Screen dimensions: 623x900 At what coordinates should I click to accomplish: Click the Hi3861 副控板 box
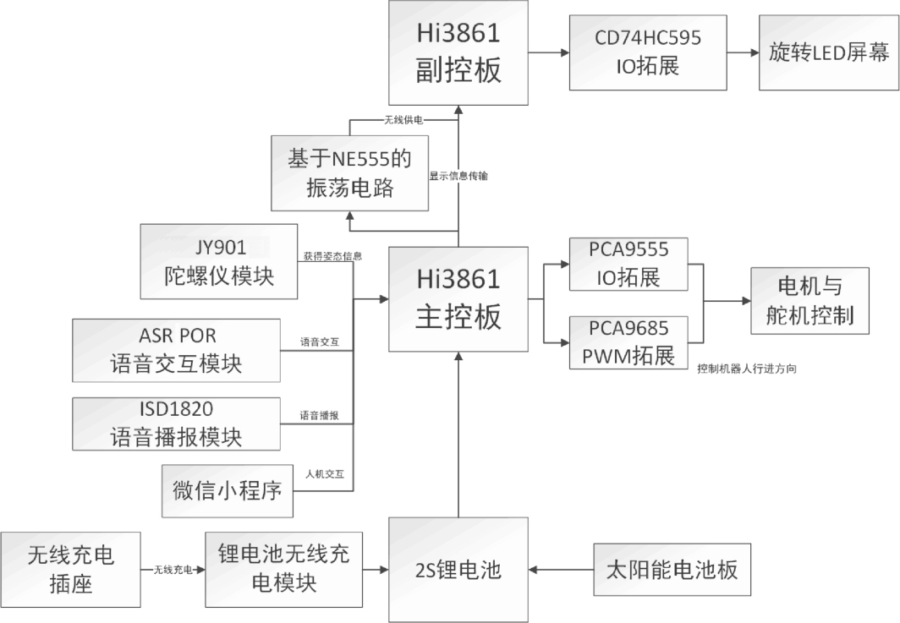tap(458, 53)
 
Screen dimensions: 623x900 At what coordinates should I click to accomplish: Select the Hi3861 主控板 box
tap(458, 298)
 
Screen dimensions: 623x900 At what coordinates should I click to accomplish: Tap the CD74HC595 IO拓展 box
tap(648, 52)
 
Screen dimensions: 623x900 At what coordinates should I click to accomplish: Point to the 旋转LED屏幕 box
tap(829, 52)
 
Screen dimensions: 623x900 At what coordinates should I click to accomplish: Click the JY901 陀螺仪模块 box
tap(220, 261)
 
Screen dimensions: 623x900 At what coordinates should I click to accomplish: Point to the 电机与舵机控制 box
tap(809, 300)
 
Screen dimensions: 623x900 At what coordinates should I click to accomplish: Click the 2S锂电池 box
tap(458, 570)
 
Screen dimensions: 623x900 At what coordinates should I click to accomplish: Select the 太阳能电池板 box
tap(671, 569)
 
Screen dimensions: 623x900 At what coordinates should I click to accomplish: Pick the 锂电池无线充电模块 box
tap(289, 569)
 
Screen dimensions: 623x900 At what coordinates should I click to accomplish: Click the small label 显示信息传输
tap(458, 176)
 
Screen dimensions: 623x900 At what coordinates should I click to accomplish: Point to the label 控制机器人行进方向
tap(748, 369)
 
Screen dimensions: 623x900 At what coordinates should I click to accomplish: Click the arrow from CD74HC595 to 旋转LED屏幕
tap(743, 52)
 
